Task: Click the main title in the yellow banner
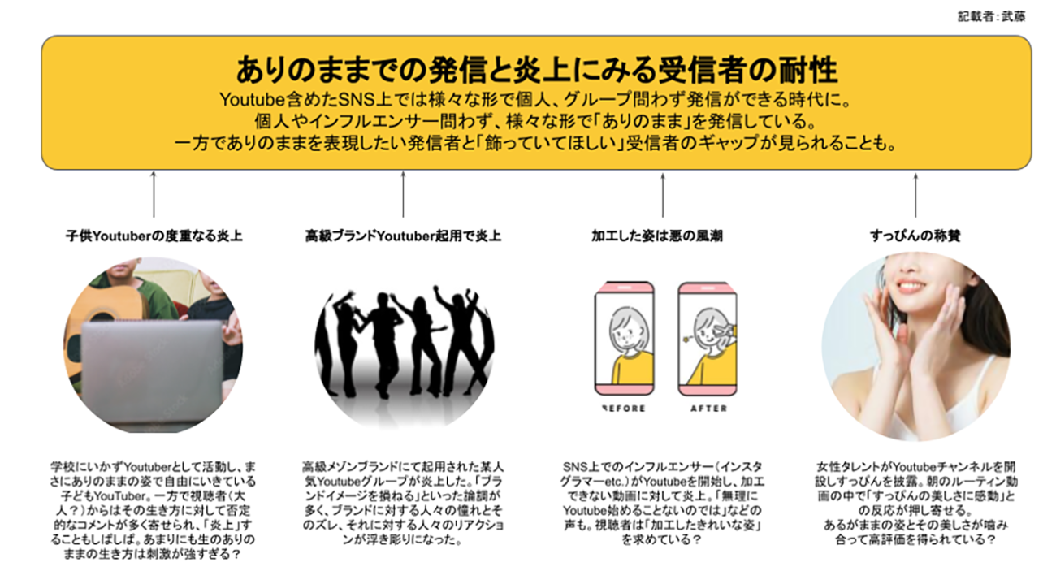coord(536,71)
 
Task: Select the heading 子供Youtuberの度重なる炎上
coord(154,236)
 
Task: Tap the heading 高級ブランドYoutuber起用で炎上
coord(403,236)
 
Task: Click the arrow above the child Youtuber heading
coord(154,195)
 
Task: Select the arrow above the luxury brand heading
coord(403,195)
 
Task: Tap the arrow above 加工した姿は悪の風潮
coord(663,195)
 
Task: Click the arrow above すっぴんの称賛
coord(915,195)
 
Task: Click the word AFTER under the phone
coord(708,408)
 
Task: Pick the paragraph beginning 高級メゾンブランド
coord(403,503)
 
